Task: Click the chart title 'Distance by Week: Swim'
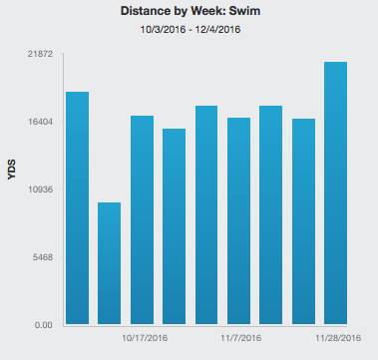point(190,11)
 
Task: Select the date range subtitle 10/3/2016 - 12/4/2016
point(190,30)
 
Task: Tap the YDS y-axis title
point(12,170)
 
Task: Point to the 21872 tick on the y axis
point(40,54)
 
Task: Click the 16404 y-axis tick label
point(40,122)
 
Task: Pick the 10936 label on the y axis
point(40,189)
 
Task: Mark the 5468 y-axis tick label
point(42,257)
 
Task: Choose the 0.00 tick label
point(44,325)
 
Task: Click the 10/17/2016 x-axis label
point(145,338)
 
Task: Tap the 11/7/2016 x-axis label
point(241,338)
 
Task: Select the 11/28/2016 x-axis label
point(338,338)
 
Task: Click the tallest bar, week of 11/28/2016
point(335,193)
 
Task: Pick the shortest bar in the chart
point(109,263)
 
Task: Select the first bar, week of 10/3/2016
point(77,208)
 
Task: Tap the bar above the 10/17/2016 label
point(142,220)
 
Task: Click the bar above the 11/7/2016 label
point(238,221)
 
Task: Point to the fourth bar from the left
point(174,226)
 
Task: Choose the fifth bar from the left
point(206,215)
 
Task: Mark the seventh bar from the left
point(271,215)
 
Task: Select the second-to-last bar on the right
point(303,221)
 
